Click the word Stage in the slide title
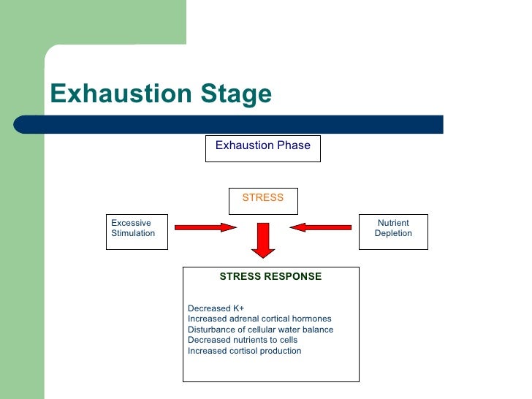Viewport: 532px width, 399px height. [x=235, y=94]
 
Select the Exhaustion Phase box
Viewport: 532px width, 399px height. [x=263, y=148]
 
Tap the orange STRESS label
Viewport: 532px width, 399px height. [x=262, y=197]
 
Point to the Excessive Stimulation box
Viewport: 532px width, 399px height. [x=137, y=232]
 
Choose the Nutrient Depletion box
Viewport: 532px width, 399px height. [x=393, y=232]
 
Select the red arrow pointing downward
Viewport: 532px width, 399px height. [x=262, y=240]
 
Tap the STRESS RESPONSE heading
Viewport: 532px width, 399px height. [x=270, y=276]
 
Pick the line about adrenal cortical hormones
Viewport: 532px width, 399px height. [x=259, y=319]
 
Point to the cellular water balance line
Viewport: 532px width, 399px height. [x=260, y=330]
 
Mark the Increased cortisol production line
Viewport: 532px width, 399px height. [x=244, y=351]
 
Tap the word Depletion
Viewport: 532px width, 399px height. [x=393, y=233]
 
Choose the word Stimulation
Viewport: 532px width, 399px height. [x=133, y=233]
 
